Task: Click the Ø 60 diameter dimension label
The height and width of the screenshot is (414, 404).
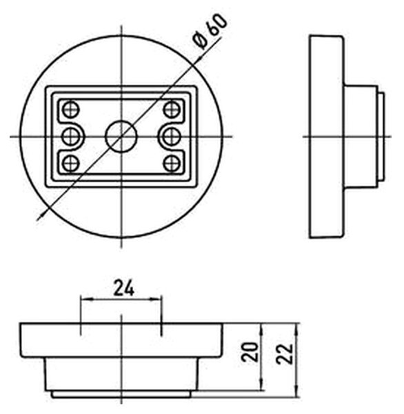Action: tap(210, 32)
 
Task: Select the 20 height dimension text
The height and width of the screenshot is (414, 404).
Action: tap(250, 352)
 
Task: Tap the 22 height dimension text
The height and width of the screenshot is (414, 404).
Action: tap(285, 354)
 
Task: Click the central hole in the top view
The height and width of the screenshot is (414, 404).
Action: tap(121, 137)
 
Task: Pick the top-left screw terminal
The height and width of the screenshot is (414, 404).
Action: tap(71, 109)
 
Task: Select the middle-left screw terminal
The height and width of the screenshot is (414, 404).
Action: tap(71, 137)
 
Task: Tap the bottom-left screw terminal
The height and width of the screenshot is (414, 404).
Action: tap(71, 164)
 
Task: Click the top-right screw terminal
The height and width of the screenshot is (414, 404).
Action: tap(172, 109)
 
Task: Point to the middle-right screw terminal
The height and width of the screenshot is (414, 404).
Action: tap(172, 137)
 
